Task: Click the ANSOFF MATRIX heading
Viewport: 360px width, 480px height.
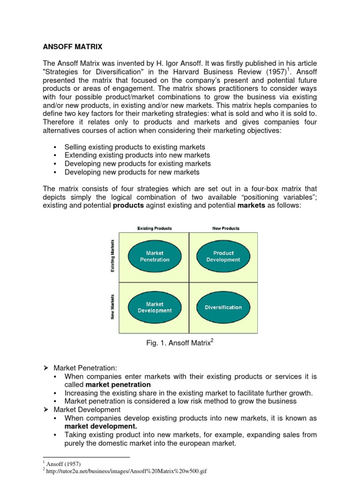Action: coord(72,47)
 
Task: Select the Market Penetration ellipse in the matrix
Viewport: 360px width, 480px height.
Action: coord(155,256)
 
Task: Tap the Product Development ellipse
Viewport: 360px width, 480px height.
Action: coord(223,256)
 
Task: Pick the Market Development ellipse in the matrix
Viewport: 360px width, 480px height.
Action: coord(155,307)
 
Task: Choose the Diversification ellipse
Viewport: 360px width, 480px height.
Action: coord(223,307)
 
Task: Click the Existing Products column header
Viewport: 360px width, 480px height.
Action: coord(154,228)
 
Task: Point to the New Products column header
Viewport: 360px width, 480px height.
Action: coord(225,228)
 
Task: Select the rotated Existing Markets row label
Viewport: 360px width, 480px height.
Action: coord(112,256)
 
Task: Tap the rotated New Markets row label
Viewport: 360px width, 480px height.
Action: coord(112,307)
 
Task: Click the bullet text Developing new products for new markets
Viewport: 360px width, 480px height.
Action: coord(132,172)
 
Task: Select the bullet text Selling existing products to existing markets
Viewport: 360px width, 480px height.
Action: coord(135,147)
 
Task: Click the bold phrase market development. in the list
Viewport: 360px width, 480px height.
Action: coord(101,426)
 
